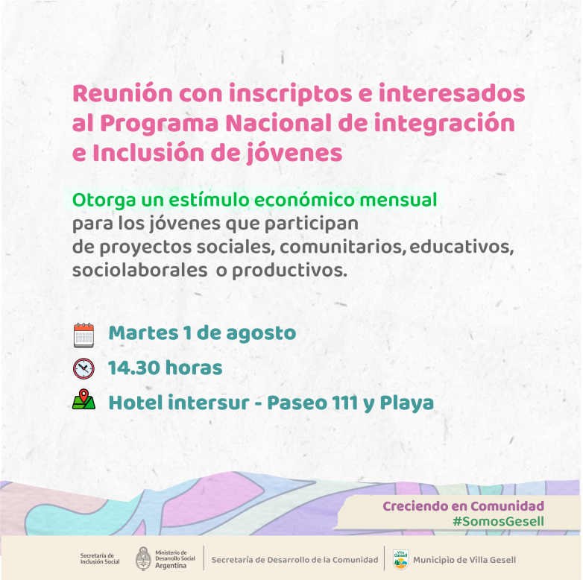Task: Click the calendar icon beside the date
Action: pos(83,335)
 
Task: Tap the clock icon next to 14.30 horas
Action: pos(83,368)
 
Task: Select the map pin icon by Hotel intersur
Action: pos(83,400)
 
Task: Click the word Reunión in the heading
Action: pos(123,93)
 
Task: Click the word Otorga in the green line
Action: pos(104,201)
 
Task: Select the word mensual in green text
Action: pos(398,200)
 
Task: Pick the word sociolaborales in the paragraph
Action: pos(140,271)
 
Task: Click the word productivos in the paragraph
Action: pos(289,271)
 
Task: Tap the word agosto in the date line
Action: pos(261,333)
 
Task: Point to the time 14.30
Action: pos(134,368)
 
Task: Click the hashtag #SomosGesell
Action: pos(498,521)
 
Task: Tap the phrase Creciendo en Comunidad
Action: pos(463,506)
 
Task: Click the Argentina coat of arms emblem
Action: pos(143,558)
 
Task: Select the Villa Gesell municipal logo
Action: pos(400,559)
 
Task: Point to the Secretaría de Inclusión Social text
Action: pos(100,558)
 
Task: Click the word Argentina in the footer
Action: pos(171,566)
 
